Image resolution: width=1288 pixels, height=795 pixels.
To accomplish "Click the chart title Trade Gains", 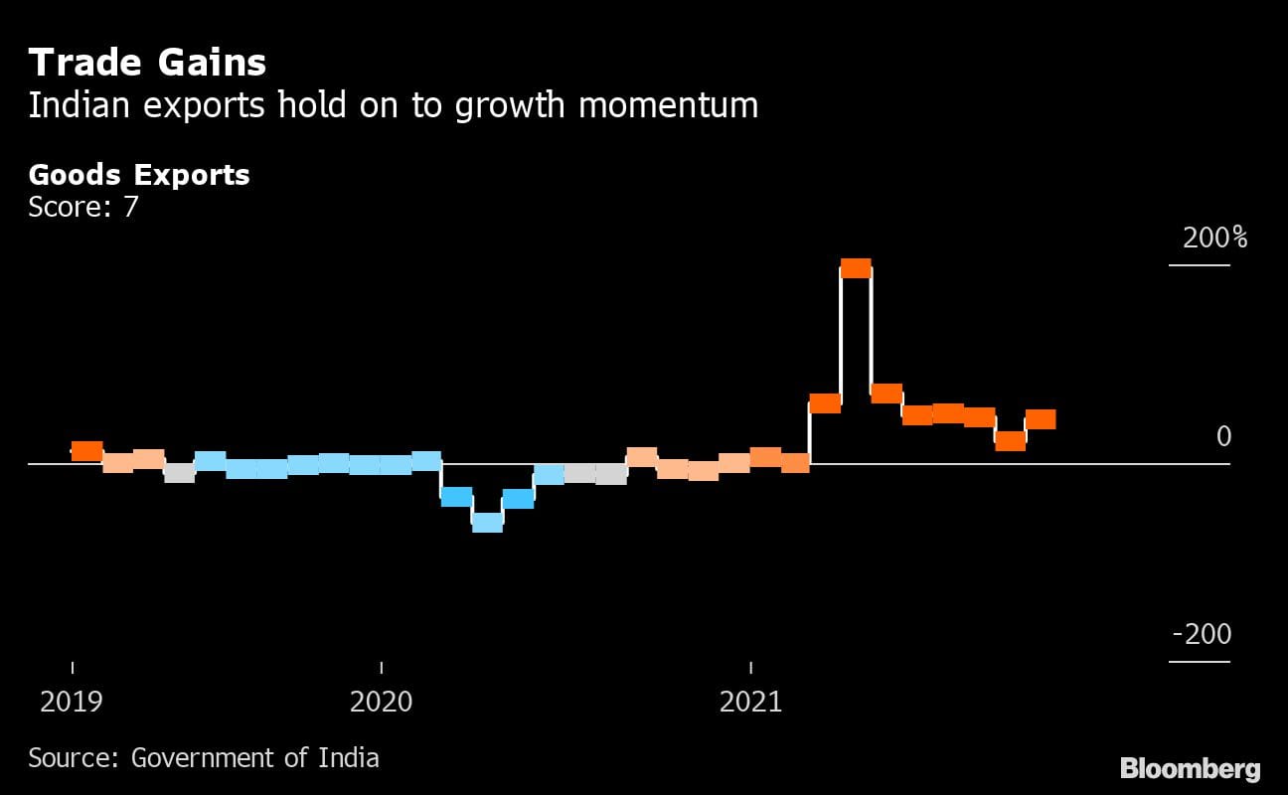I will tap(147, 63).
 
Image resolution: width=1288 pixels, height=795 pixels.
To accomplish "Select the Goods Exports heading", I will tap(139, 175).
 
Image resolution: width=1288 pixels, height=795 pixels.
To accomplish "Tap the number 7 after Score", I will tap(131, 208).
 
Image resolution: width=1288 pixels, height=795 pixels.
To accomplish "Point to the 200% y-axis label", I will tap(1213, 238).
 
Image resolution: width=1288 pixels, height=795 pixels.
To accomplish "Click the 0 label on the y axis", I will tap(1223, 436).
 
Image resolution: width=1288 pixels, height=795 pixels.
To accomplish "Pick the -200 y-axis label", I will tap(1202, 634).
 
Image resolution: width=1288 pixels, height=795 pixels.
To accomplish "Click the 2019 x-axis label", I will tap(72, 702).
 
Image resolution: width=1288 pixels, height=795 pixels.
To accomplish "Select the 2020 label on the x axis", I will tap(382, 702).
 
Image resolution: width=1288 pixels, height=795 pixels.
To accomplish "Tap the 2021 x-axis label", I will tap(750, 702).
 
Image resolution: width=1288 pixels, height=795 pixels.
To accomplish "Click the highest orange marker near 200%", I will tap(856, 268).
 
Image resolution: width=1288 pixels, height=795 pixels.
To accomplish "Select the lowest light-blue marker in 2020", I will tap(487, 523).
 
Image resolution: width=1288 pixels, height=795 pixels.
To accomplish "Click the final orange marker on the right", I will tap(1041, 419).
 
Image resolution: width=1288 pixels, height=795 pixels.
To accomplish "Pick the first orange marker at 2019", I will tap(87, 451).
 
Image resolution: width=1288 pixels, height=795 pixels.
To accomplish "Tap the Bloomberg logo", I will tap(1190, 768).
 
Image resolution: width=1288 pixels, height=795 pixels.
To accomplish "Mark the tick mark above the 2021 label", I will tap(750, 668).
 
